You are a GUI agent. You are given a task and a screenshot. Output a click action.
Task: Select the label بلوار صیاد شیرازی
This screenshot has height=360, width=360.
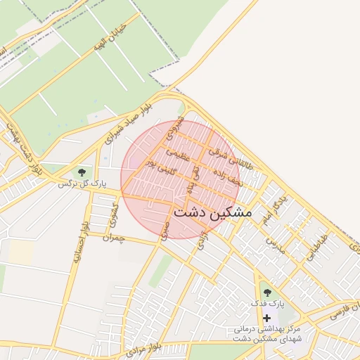(x=128, y=125)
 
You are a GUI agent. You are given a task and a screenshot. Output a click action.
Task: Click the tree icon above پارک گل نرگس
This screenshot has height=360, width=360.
(x=82, y=172)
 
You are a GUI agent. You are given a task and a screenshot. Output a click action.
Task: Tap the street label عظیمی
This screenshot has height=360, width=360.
(x=179, y=154)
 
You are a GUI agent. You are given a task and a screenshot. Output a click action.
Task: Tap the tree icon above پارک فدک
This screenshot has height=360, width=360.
(x=266, y=291)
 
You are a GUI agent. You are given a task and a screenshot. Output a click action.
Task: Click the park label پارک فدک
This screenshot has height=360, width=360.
(x=266, y=304)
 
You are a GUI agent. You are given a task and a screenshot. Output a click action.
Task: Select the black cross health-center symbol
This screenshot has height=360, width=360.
(x=266, y=318)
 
